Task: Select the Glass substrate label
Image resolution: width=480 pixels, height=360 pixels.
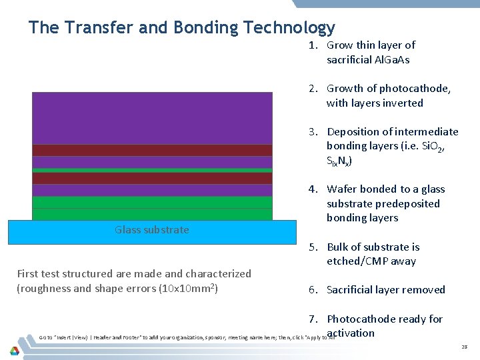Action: click(151, 230)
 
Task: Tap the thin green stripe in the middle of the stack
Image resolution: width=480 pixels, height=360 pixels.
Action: click(152, 170)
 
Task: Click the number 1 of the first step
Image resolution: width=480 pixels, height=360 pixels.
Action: click(311, 45)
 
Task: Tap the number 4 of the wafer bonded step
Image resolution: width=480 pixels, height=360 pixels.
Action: click(311, 189)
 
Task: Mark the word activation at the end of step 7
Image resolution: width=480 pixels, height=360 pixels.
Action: click(351, 333)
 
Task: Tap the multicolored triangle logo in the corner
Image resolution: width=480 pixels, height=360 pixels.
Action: click(14, 349)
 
